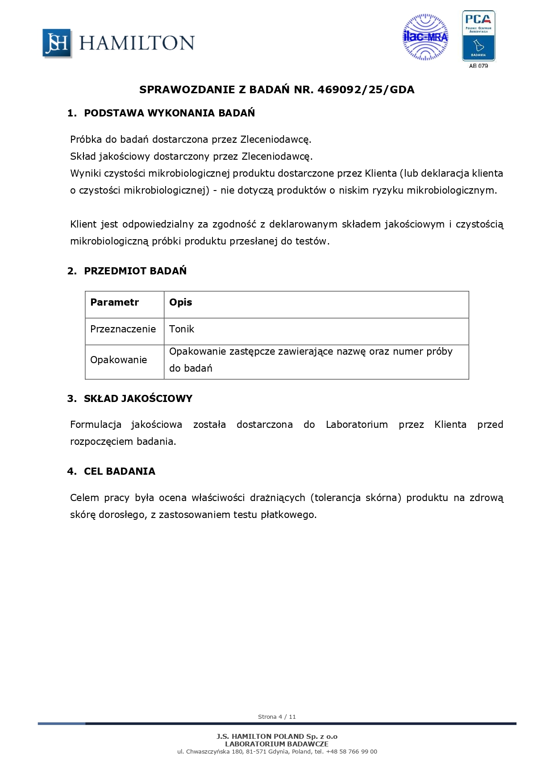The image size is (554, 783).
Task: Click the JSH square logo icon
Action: pyautogui.click(x=57, y=43)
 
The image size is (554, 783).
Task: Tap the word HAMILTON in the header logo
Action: pyautogui.click(x=137, y=43)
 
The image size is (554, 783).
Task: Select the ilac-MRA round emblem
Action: pyautogui.click(x=425, y=37)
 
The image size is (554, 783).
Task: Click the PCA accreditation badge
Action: pyautogui.click(x=478, y=36)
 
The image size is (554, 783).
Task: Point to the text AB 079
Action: pyautogui.click(x=478, y=66)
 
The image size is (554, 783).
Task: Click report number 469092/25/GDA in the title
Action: pyautogui.click(x=366, y=90)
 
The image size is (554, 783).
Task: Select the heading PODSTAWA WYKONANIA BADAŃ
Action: pyautogui.click(x=169, y=113)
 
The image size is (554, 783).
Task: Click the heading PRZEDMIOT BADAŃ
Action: pyautogui.click(x=135, y=271)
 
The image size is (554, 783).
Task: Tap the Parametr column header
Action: pyautogui.click(x=115, y=302)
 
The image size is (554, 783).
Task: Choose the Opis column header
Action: pyautogui.click(x=181, y=302)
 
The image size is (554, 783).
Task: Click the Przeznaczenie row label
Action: pyautogui.click(x=123, y=329)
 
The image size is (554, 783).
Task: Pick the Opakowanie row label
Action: pyautogui.click(x=118, y=360)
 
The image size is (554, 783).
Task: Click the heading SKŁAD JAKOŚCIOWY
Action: pyautogui.click(x=138, y=399)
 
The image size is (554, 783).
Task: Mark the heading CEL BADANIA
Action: pyautogui.click(x=120, y=472)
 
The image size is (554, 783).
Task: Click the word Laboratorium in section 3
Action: pyautogui.click(x=357, y=425)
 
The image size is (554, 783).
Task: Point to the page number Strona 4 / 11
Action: pyautogui.click(x=277, y=717)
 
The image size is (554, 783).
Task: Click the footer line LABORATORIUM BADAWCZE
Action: pyautogui.click(x=277, y=744)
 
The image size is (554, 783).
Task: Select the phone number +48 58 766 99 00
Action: pyautogui.click(x=351, y=752)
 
